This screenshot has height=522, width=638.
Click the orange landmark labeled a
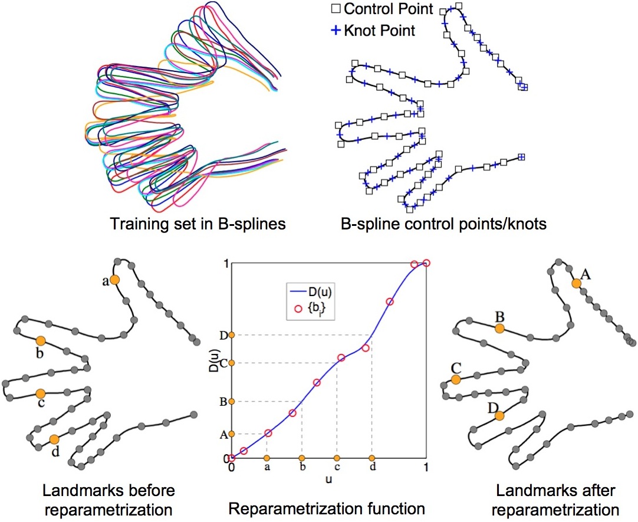(x=114, y=280)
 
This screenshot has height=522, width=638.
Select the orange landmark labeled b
(x=40, y=341)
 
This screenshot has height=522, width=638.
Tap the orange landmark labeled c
(x=40, y=393)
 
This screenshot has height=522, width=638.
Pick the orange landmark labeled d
(x=54, y=439)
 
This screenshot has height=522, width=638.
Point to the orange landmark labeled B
(x=499, y=328)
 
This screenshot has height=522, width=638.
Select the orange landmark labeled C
(x=455, y=380)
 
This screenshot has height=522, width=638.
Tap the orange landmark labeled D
(x=499, y=416)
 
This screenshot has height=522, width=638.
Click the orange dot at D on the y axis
(x=232, y=335)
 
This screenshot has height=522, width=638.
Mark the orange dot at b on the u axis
(x=302, y=458)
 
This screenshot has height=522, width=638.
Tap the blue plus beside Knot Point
(x=335, y=29)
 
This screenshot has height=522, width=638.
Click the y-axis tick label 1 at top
(x=225, y=263)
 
